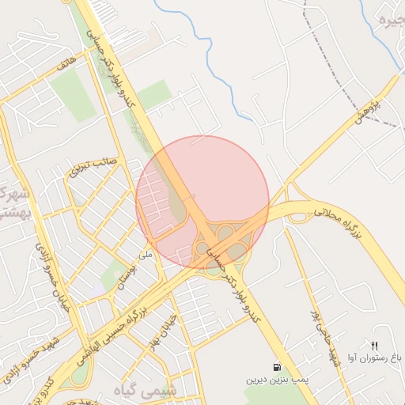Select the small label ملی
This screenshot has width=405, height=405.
pos(144,255)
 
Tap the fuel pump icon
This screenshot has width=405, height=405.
pos(275,368)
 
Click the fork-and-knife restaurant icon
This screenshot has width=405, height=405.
pos(374,346)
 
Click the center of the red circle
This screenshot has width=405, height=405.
pos(202,202)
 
